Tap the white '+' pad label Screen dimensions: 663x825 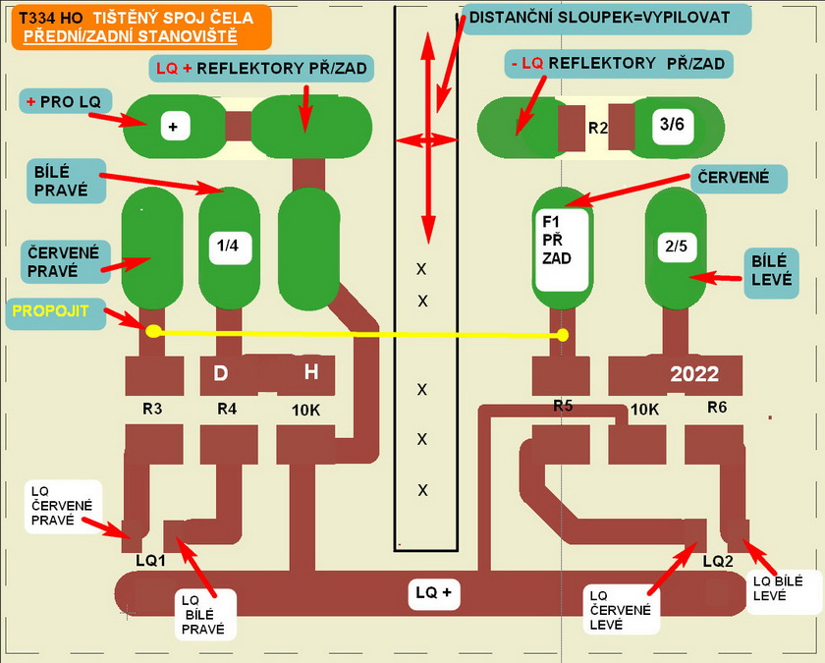pos(174,126)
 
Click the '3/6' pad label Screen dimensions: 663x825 pos(673,125)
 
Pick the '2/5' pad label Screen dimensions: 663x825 pos(676,247)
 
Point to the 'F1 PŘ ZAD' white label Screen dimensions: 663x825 pos(562,247)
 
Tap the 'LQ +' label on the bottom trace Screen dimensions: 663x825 pos(433,592)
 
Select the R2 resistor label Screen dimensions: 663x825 pos(598,128)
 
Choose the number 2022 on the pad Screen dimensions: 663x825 pos(694,374)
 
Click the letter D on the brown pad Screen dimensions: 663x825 pos(221,373)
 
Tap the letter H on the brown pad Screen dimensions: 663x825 pos(310,372)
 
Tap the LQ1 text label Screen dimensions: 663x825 pos(152,560)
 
